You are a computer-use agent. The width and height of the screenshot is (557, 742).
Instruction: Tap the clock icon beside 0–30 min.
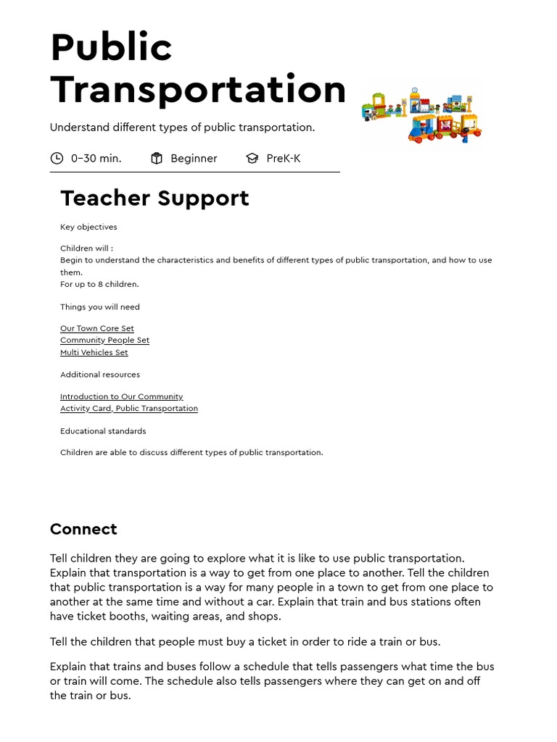(57, 158)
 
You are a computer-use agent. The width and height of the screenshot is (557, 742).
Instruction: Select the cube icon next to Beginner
(157, 158)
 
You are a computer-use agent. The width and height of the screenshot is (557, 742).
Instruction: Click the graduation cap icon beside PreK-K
(252, 158)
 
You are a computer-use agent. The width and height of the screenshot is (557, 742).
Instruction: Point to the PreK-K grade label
(283, 158)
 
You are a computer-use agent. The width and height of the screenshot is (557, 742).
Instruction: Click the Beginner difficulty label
(194, 158)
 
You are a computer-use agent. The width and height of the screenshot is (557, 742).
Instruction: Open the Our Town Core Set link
(97, 328)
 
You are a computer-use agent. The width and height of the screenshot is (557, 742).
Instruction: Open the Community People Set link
(104, 340)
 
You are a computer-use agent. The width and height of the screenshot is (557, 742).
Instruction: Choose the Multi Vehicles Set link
(94, 352)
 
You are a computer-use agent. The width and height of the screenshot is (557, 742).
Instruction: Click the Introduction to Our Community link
(121, 396)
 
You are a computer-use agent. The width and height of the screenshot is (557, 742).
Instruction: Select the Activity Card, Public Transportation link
(128, 408)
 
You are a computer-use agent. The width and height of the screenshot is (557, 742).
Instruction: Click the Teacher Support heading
(154, 198)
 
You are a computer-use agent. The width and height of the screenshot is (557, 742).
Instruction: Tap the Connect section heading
(83, 529)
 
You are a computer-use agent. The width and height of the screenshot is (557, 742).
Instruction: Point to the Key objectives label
(88, 227)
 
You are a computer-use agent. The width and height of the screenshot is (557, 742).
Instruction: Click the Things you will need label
(100, 307)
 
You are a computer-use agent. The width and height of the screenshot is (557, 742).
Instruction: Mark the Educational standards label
(103, 431)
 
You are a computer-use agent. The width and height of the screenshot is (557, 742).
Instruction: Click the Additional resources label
(100, 375)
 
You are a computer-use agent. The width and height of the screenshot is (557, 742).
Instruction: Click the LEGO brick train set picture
(421, 114)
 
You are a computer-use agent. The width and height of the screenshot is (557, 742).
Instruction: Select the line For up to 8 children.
(99, 284)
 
